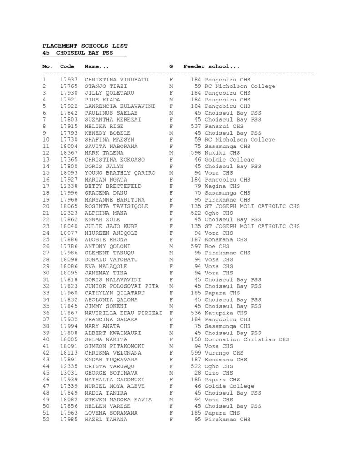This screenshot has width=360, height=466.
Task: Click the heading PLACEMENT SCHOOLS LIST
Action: (85, 46)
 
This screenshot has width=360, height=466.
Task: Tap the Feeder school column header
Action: (212, 66)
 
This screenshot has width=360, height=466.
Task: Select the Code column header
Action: (67, 66)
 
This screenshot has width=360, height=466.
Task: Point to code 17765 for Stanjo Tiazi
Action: (68, 86)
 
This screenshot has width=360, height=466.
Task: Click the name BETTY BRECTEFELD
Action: (113, 186)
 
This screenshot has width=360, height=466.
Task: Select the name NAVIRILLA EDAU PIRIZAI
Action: (123, 313)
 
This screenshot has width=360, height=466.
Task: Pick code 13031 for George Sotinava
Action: (68, 373)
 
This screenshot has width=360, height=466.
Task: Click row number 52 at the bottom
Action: (46, 420)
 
